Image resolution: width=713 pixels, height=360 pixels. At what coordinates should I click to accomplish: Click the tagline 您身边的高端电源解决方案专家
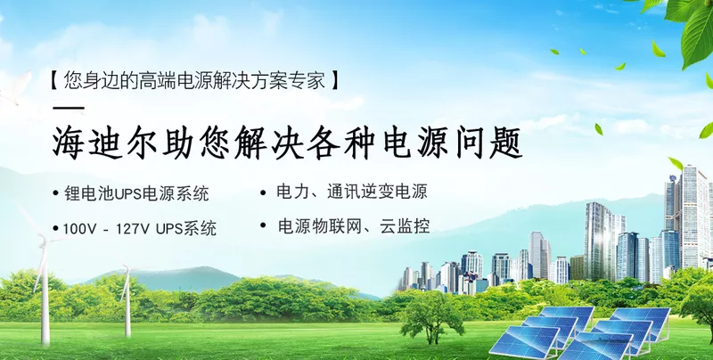(194, 80)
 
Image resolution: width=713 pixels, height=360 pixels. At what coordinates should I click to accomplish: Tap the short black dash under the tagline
(69, 108)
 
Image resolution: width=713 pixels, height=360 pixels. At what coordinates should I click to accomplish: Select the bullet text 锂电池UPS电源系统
(136, 193)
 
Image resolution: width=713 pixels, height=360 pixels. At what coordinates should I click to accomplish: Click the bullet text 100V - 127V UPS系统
(139, 229)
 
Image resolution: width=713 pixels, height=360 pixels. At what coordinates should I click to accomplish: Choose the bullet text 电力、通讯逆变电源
(352, 192)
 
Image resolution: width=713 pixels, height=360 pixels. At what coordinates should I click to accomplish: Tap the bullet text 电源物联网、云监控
(354, 226)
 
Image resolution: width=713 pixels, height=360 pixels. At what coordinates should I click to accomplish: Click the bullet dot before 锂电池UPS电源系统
(55, 193)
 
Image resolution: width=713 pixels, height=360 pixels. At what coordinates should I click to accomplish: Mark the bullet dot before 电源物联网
(263, 225)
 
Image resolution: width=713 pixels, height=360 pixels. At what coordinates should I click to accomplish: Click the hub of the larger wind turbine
(44, 240)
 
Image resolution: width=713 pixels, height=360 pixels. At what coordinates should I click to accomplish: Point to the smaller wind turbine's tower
(127, 304)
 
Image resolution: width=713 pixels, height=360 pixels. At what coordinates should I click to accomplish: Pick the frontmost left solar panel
(525, 342)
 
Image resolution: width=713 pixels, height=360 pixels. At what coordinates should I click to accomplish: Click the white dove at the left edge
(12, 88)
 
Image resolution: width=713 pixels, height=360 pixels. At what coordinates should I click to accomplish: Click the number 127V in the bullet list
(132, 229)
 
